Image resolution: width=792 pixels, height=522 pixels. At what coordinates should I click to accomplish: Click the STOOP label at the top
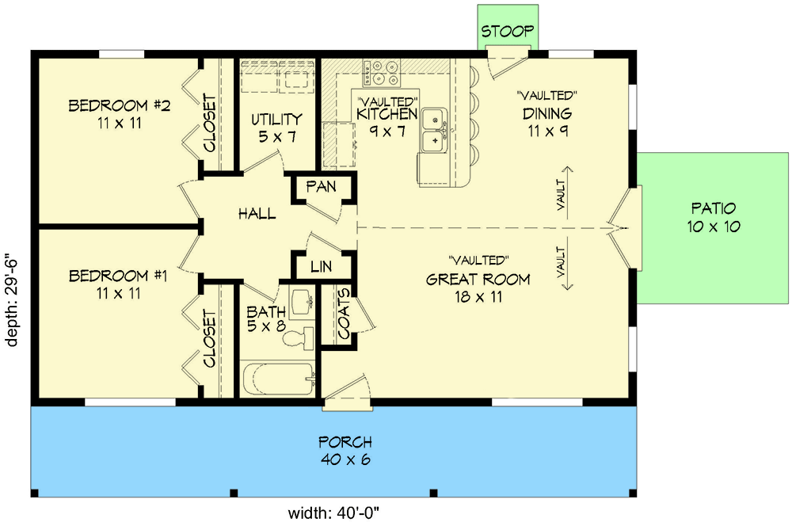pyautogui.click(x=507, y=32)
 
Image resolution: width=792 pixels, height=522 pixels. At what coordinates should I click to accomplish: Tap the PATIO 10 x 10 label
pyautogui.click(x=714, y=217)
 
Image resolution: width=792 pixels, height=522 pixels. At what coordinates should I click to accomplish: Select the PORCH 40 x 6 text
pyautogui.click(x=345, y=451)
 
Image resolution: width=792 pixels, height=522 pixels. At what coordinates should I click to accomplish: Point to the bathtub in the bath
pyautogui.click(x=278, y=379)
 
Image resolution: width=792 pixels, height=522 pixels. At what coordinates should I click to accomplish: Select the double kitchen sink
pyautogui.click(x=434, y=129)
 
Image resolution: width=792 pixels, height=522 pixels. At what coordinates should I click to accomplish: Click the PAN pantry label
pyautogui.click(x=321, y=186)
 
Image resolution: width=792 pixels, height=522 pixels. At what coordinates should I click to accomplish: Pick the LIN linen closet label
pyautogui.click(x=322, y=266)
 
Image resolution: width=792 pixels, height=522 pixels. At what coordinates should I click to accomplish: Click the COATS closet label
pyautogui.click(x=344, y=314)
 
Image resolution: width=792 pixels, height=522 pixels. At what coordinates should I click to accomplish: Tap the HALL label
pyautogui.click(x=257, y=214)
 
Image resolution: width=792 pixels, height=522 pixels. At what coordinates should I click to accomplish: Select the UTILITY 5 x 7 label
pyautogui.click(x=276, y=128)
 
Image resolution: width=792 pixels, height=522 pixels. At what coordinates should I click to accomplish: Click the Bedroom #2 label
pyautogui.click(x=120, y=114)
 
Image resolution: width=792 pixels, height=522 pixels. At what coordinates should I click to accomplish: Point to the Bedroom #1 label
pyautogui.click(x=118, y=284)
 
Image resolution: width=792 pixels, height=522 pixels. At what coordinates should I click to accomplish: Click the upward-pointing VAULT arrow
pyautogui.click(x=567, y=192)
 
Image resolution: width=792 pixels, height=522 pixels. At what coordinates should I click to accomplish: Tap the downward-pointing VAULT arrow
pyautogui.click(x=567, y=263)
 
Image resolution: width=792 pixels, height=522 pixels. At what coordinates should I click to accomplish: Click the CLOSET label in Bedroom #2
pyautogui.click(x=209, y=124)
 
